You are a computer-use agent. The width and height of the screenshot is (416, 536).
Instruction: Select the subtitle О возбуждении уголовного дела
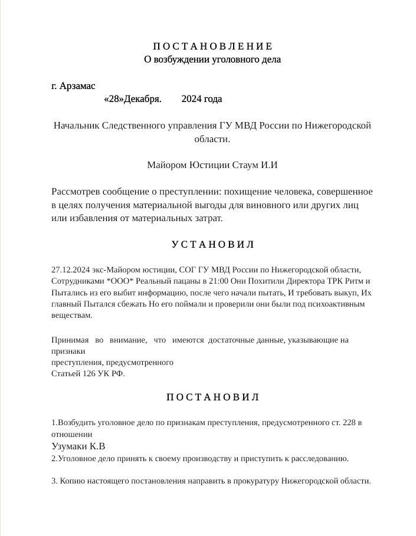click(x=212, y=60)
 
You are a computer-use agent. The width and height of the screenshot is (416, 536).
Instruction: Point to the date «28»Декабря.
click(x=133, y=99)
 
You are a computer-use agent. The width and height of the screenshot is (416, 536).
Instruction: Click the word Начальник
click(x=76, y=126)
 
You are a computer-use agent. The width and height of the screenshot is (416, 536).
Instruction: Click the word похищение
click(x=247, y=192)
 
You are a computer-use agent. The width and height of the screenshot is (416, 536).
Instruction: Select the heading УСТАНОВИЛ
click(x=212, y=244)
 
